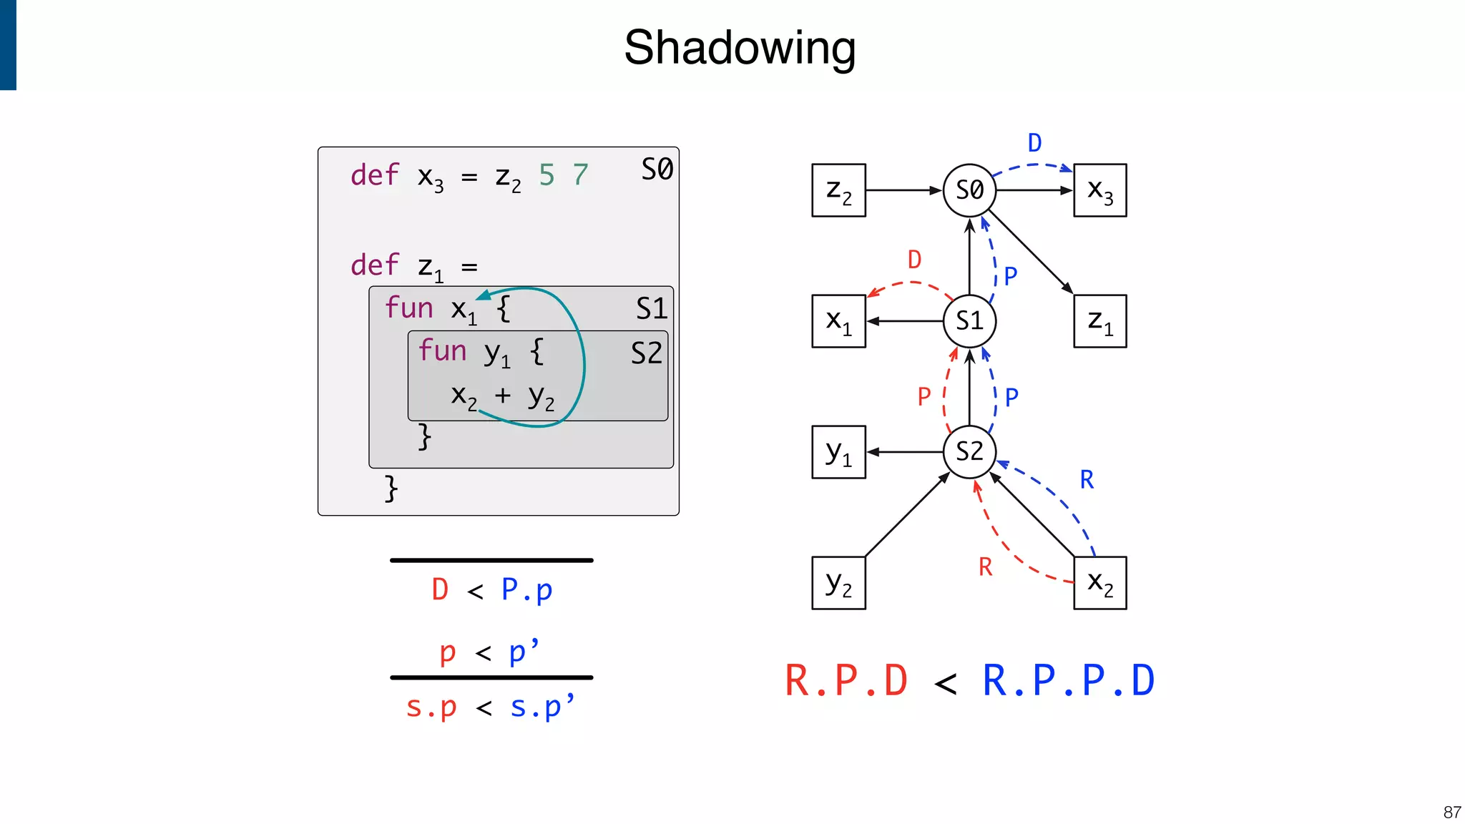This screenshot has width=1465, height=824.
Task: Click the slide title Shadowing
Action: (740, 47)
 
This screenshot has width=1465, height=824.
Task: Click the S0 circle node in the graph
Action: (969, 190)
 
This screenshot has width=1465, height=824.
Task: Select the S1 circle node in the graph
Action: (969, 321)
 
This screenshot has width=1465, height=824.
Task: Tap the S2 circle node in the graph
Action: (969, 451)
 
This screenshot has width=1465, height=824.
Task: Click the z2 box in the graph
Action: (838, 190)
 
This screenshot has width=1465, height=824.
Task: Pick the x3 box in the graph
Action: (1099, 190)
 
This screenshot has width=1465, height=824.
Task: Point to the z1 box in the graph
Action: (1099, 321)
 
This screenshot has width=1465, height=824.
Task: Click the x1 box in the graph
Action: (838, 321)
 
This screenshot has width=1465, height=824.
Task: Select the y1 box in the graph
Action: (838, 452)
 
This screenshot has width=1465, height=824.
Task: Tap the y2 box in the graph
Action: (838, 583)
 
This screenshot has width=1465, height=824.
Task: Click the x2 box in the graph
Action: (1099, 583)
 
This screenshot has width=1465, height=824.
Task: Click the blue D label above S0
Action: (1034, 143)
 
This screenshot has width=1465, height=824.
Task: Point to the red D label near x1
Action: (914, 260)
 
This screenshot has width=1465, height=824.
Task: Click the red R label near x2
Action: (986, 567)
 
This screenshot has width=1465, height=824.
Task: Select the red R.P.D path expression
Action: (846, 680)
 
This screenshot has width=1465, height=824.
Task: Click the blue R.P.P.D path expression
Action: (1068, 680)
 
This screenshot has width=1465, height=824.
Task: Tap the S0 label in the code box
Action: (657, 170)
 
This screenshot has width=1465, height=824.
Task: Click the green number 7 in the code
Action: (580, 175)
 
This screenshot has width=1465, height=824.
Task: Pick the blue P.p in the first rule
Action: (526, 590)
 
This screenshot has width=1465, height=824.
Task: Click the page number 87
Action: (1451, 812)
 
